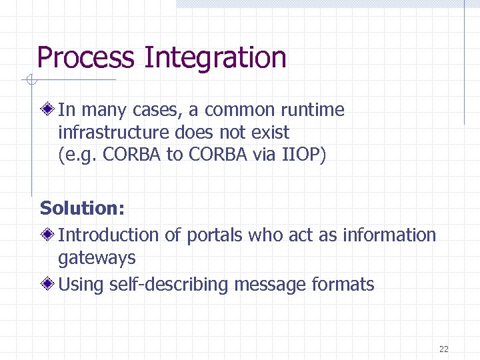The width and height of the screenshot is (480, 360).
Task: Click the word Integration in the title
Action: tap(215, 58)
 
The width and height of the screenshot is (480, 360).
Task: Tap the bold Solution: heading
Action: tap(82, 208)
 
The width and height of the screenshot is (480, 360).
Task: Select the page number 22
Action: tap(444, 349)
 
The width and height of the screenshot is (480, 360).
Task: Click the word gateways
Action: tap(97, 257)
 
